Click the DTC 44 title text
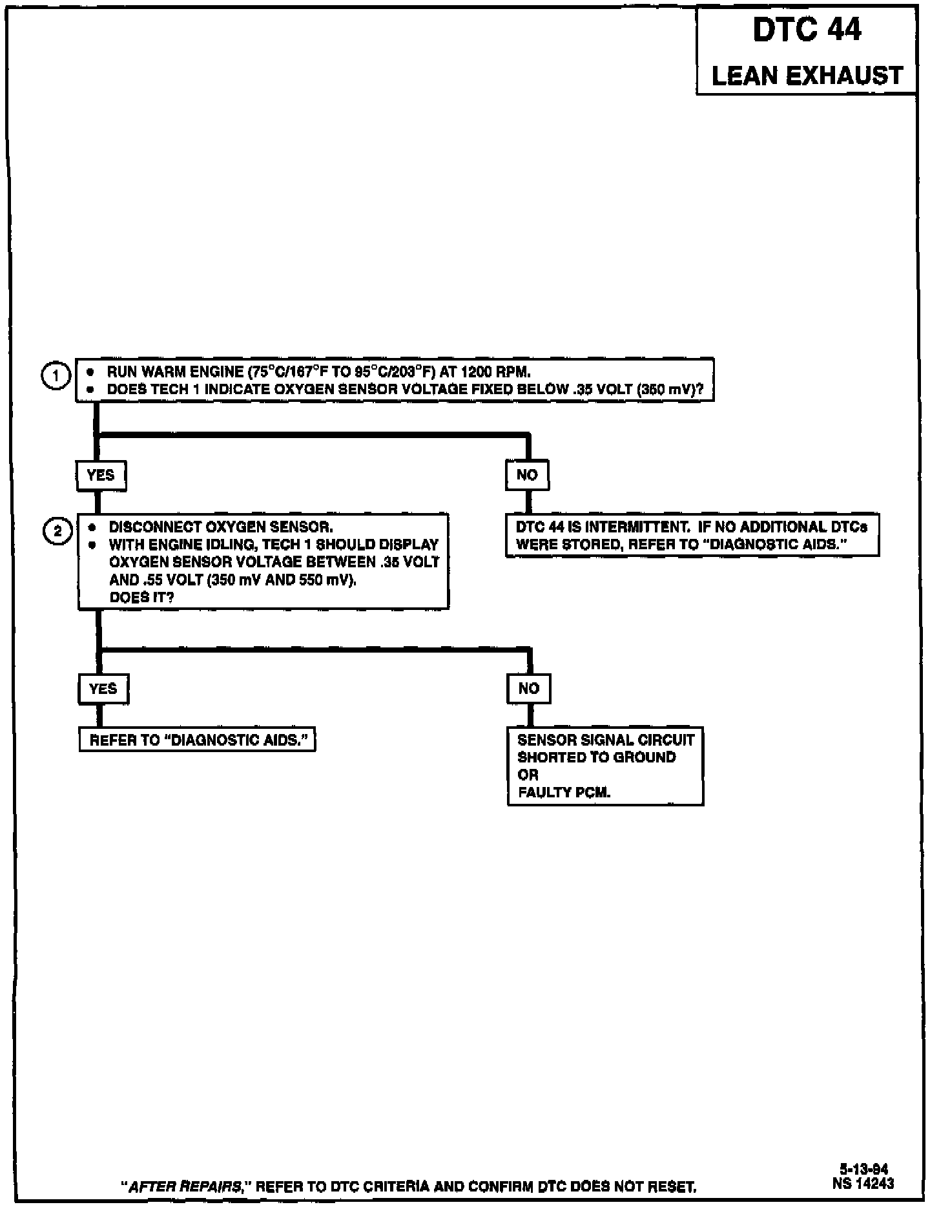pyautogui.click(x=807, y=30)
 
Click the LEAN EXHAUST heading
pyautogui.click(x=807, y=76)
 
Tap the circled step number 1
pyautogui.click(x=56, y=376)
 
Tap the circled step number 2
pyautogui.click(x=57, y=531)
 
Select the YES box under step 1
pyautogui.click(x=101, y=476)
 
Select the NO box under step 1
pyautogui.click(x=527, y=476)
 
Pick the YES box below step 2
pyautogui.click(x=103, y=689)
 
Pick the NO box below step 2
pyautogui.click(x=529, y=689)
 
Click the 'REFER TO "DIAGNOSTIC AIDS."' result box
pyautogui.click(x=197, y=740)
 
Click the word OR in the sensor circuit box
pyautogui.click(x=528, y=775)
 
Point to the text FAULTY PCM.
pyautogui.click(x=564, y=793)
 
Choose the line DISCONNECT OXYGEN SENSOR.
pyautogui.click(x=221, y=527)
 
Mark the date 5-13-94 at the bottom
pyautogui.click(x=863, y=1169)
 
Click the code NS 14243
pyautogui.click(x=863, y=1183)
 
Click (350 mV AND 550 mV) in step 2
pyautogui.click(x=282, y=580)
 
